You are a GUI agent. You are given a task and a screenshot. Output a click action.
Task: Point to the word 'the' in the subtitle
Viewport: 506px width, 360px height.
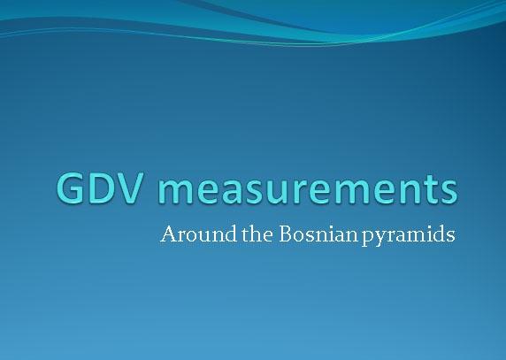pyautogui.click(x=244, y=237)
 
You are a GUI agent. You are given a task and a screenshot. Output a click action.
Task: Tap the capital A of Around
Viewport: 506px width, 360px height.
pyautogui.click(x=168, y=236)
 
